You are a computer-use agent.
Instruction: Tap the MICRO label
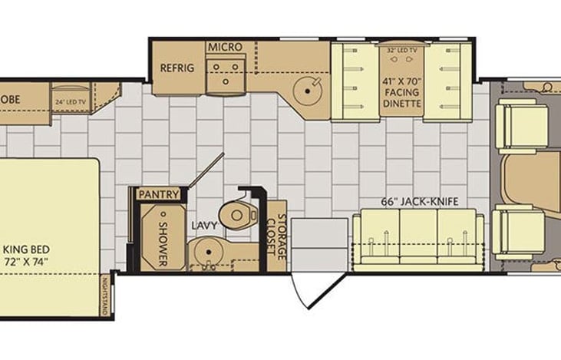pos(225,48)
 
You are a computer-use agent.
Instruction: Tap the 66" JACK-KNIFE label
pos(420,202)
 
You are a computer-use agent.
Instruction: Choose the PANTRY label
pos(159,194)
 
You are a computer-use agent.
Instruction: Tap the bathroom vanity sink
pos(205,251)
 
